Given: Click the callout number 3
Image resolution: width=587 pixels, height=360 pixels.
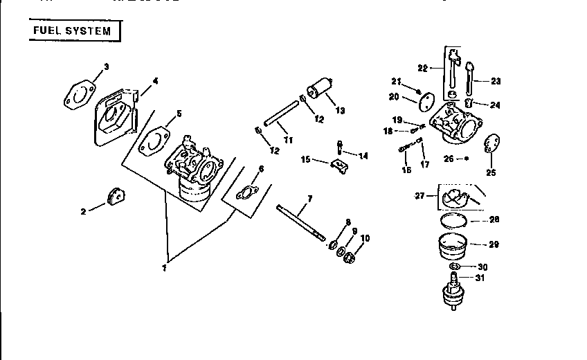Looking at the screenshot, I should tap(106, 67).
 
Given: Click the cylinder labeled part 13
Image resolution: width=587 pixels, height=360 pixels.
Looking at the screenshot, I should tap(319, 91).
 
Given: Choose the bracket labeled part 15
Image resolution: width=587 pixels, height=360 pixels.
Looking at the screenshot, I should tap(337, 167).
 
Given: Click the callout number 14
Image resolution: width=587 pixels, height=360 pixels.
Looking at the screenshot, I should tap(363, 156).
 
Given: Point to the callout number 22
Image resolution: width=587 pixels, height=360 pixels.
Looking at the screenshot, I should tap(423, 69).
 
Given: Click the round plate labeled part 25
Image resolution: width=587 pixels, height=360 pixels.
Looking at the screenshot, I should tap(490, 143).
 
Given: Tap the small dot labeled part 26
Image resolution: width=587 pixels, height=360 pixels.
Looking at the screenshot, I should tap(467, 159).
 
